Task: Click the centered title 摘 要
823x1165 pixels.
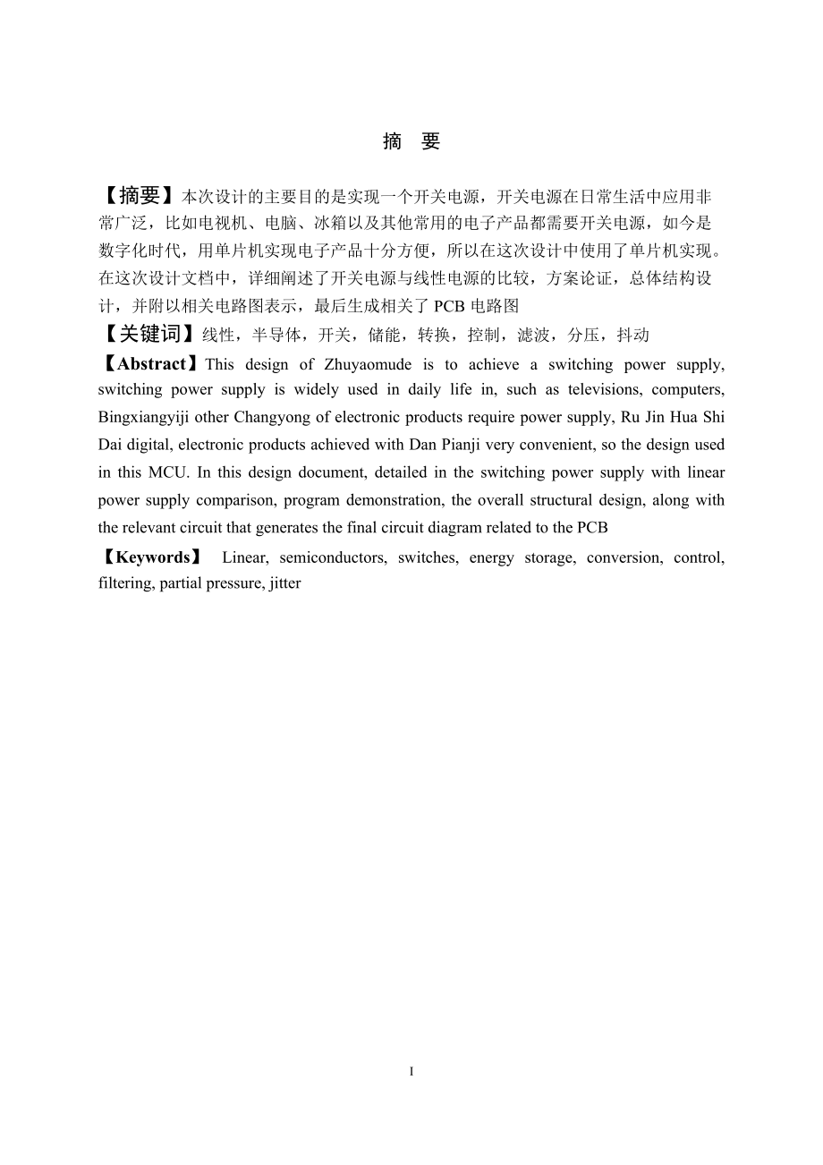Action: [x=411, y=142]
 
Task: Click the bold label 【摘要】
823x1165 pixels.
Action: [x=140, y=196]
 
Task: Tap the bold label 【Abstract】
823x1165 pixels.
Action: [x=150, y=364]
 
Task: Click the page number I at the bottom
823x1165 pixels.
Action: [x=411, y=1071]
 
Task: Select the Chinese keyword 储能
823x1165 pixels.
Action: [x=386, y=336]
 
